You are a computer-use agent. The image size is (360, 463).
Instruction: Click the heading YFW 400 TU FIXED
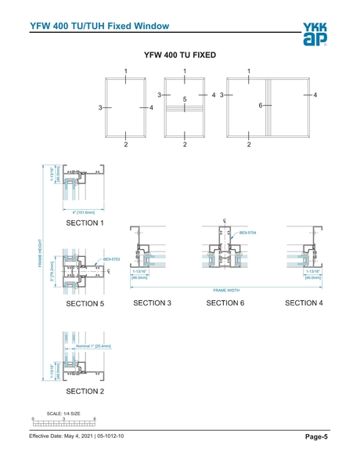[179, 56]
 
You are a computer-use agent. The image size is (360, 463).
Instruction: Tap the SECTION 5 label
[85, 302]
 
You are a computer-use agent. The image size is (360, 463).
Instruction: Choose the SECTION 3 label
[153, 302]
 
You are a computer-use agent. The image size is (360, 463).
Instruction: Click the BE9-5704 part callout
[247, 233]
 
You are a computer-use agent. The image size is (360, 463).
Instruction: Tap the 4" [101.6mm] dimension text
[83, 212]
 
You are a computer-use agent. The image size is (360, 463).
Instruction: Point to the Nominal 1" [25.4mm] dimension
[93, 345]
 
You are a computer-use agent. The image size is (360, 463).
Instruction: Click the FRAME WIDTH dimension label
[225, 289]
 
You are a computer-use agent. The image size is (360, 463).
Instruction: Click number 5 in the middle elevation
[185, 99]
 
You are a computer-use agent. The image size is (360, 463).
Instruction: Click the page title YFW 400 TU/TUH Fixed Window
[99, 26]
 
